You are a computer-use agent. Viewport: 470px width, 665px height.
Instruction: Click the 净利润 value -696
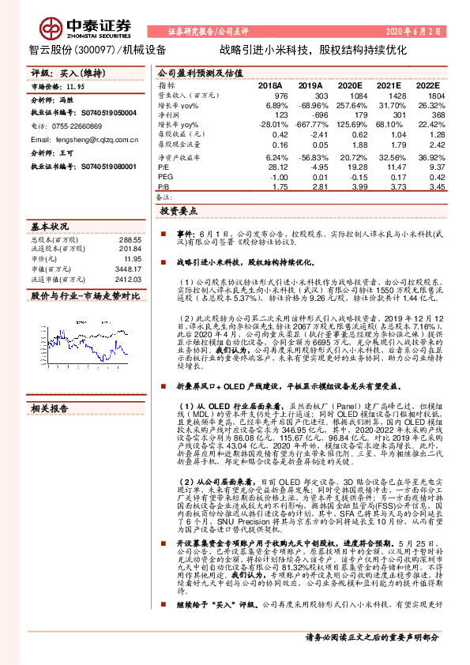pos(311,115)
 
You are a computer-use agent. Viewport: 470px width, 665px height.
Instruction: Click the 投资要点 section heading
pos(179,212)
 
